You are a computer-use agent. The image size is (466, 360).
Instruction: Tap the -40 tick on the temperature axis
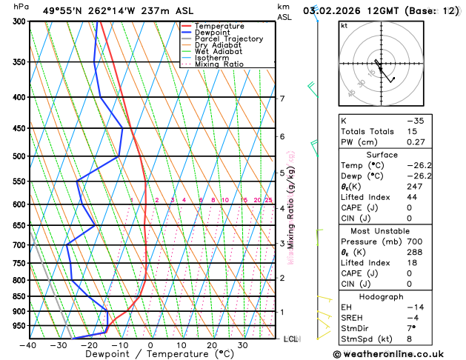(x=29, y=345)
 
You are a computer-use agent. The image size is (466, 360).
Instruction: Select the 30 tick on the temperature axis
(x=242, y=345)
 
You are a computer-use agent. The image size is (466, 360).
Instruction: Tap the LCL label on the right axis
(x=290, y=339)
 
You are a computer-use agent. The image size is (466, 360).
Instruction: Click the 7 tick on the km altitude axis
(x=282, y=99)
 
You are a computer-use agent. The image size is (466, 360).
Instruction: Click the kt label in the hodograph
(x=344, y=26)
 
